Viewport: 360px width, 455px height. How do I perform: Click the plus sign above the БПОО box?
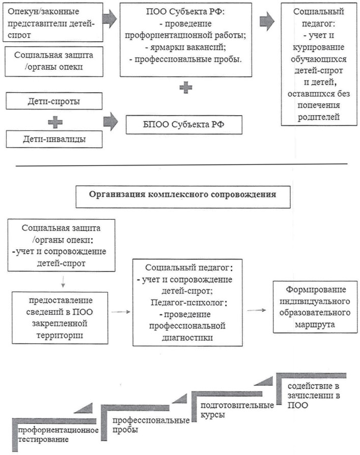[x=186, y=88]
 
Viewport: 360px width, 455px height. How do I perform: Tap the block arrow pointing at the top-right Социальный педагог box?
[x=266, y=21]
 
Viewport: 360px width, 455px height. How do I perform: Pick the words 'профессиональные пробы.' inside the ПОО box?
[x=186, y=59]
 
